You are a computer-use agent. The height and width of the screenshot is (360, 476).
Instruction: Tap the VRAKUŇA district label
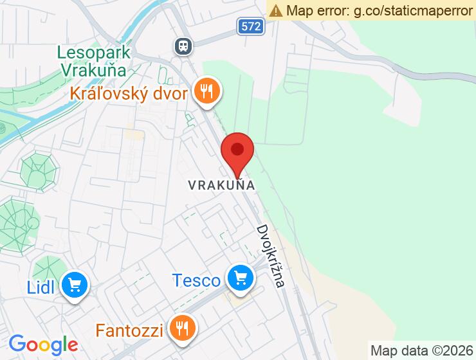[x=222, y=185]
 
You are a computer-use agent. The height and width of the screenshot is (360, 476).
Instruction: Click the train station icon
[x=183, y=45]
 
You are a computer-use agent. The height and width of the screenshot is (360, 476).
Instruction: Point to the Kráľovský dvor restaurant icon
[x=206, y=91]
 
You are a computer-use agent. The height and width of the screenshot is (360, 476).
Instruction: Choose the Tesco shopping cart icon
[x=241, y=278]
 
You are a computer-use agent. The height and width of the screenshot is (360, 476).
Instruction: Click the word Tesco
[x=196, y=280]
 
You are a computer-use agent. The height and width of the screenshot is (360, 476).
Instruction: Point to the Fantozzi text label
[x=131, y=331]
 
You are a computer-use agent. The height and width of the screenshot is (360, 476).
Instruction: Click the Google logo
[x=43, y=345]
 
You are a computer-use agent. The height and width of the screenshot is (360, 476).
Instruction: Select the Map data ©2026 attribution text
[x=421, y=351]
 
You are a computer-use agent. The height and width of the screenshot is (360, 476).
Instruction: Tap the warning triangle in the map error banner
[x=276, y=10]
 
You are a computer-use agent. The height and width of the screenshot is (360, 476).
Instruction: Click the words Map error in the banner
[x=317, y=10]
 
